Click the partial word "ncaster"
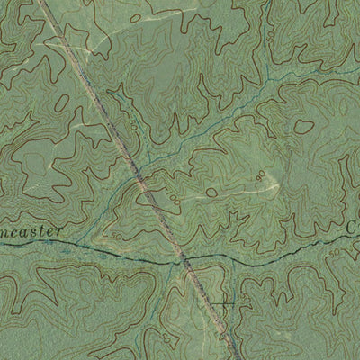point(31,233)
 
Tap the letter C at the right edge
point(351,229)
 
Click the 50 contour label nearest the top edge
point(269,36)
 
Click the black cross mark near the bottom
point(223,304)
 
